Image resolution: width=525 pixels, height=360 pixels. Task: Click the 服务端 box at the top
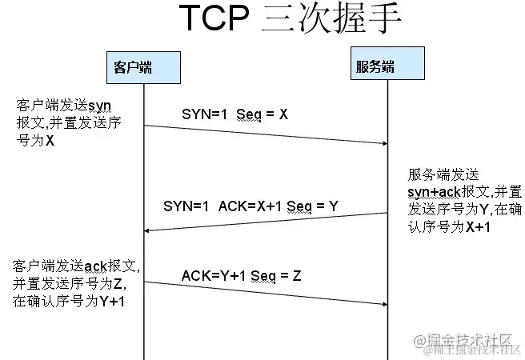tap(375, 66)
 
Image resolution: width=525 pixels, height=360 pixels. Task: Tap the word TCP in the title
tap(210, 20)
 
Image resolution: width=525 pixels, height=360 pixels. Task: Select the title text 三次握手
tap(330, 20)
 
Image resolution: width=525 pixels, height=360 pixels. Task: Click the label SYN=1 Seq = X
tap(234, 114)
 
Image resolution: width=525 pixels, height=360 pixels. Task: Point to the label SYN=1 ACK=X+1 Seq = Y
tap(250, 206)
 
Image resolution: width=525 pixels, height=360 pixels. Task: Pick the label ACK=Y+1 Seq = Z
tap(241, 276)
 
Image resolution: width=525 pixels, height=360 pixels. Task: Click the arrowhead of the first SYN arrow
tap(383, 143)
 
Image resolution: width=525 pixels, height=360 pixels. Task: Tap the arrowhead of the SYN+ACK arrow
tap(149, 230)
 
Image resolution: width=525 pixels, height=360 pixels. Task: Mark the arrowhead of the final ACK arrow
tap(383, 304)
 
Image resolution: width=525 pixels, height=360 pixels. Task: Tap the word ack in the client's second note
tap(95, 266)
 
